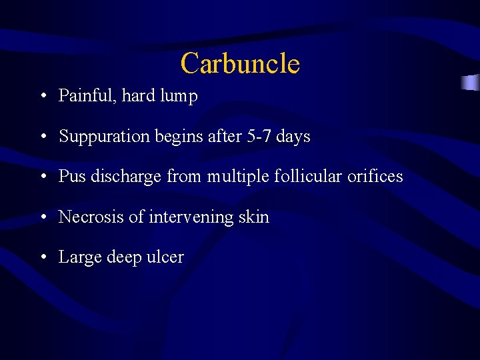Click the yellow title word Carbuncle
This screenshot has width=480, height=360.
pos(240,63)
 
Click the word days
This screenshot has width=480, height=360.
pos(293,137)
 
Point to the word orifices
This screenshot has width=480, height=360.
pos(375,176)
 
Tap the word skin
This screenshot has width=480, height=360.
pos(254,217)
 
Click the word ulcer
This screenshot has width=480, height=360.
pos(165,257)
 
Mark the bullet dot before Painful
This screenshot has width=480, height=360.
pos(43,97)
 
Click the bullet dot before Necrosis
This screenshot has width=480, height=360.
pos(43,217)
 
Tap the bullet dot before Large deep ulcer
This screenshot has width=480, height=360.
pos(43,257)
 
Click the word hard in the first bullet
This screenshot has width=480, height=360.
pos(138,96)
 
